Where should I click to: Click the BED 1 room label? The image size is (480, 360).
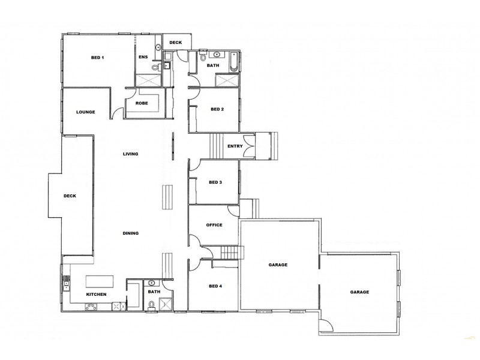pyautogui.click(x=98, y=58)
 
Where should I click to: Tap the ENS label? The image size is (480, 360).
pyautogui.click(x=143, y=57)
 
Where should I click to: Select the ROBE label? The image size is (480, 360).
pyautogui.click(x=142, y=103)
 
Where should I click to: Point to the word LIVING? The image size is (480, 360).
pyautogui.click(x=130, y=154)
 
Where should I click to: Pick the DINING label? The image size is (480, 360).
pyautogui.click(x=131, y=233)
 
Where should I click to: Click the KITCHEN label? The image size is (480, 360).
pyautogui.click(x=96, y=295)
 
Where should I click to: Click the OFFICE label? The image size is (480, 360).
pyautogui.click(x=214, y=225)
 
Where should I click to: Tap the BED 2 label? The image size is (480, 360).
pyautogui.click(x=217, y=109)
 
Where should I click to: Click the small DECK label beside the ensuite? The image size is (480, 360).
pyautogui.click(x=176, y=43)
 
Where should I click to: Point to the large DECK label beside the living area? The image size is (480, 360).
pyautogui.click(x=70, y=196)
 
